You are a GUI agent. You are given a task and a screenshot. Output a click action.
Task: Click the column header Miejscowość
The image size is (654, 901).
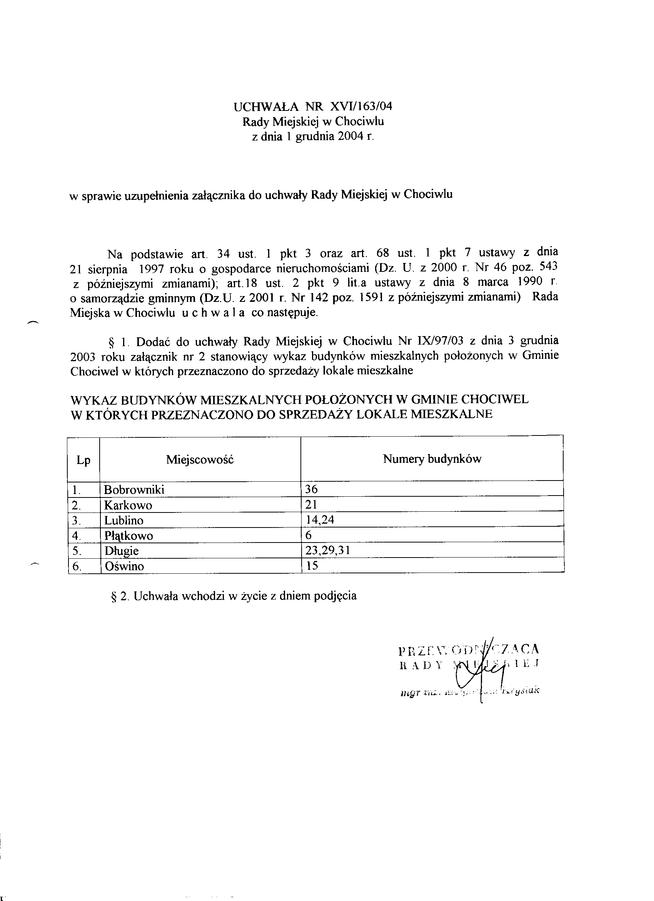200,460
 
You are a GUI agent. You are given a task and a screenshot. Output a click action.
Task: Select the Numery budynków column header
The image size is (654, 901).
432,459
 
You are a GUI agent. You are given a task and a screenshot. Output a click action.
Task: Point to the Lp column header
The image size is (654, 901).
83,460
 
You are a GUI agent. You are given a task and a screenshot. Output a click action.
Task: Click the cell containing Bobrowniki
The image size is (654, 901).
134,489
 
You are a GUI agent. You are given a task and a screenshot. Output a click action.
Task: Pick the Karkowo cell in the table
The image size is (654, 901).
128,505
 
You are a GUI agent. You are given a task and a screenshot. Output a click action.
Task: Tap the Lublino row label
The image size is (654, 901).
124,521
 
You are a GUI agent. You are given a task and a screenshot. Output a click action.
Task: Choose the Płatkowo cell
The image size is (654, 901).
128,536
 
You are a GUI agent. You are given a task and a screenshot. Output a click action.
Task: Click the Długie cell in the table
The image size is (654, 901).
122,551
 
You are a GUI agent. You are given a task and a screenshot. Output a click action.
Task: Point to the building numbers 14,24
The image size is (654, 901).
319,520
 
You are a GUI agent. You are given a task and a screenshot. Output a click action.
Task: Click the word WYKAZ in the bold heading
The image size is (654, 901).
93,399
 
